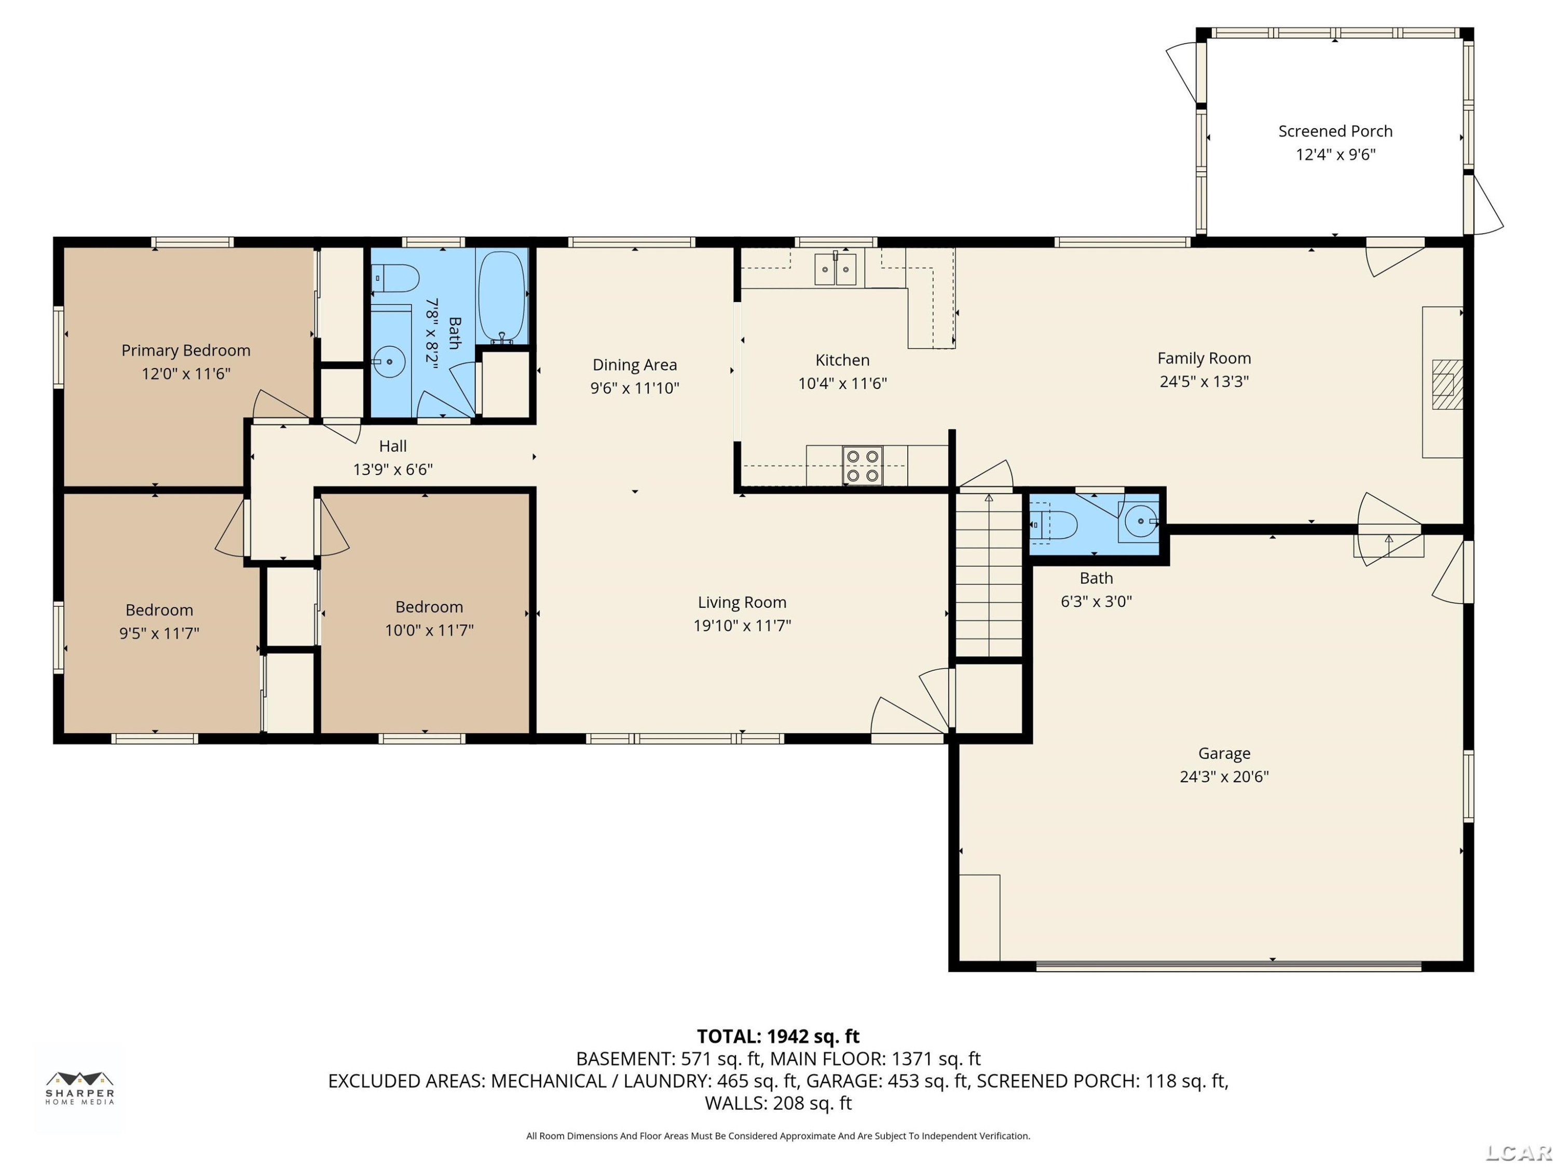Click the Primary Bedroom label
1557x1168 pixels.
click(186, 350)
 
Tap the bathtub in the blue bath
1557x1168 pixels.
click(502, 296)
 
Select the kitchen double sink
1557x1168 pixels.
click(836, 269)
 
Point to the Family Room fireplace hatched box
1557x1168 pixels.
click(1447, 385)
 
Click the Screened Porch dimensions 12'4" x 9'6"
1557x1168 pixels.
click(1335, 154)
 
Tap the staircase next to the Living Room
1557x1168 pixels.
click(988, 575)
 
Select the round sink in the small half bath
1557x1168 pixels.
click(1140, 522)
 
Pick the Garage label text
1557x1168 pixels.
click(1224, 753)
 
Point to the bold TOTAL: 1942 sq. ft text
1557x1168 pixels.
click(778, 1036)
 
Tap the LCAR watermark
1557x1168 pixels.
click(1519, 1152)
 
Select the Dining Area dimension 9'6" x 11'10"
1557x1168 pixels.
click(634, 388)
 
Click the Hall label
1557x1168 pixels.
click(393, 445)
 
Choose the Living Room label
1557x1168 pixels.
click(742, 603)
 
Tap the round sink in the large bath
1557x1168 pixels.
click(389, 362)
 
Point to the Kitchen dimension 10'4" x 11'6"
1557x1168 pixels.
click(842, 384)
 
